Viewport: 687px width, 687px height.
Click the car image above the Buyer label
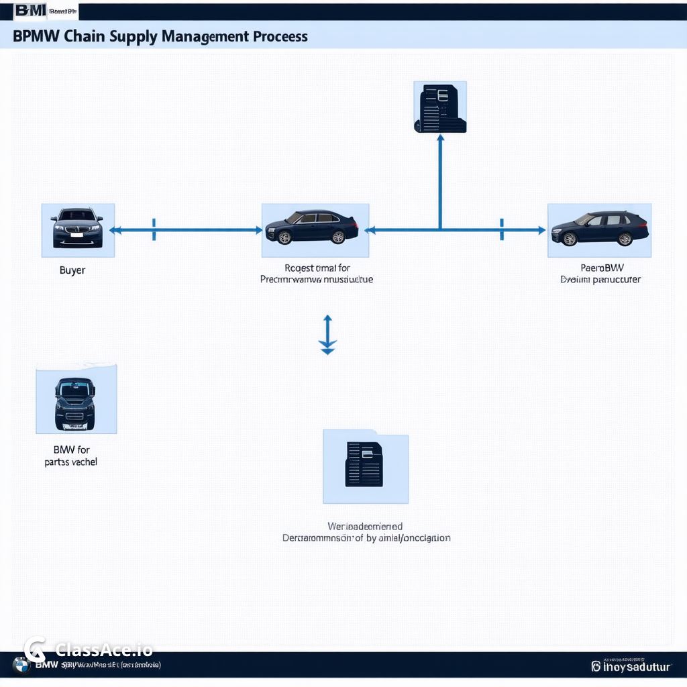click(78, 228)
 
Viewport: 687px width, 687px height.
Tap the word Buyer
click(72, 270)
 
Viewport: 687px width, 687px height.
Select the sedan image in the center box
click(312, 227)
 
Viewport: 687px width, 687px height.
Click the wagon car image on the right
click(600, 228)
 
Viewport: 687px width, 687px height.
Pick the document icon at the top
click(440, 107)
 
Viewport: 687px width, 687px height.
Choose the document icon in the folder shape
click(364, 464)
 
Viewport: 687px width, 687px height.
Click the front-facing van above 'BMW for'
click(75, 403)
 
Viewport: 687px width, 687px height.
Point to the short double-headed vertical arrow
click(327, 334)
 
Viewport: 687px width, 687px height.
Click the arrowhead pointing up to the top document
click(440, 138)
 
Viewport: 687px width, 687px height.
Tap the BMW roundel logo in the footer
click(21, 665)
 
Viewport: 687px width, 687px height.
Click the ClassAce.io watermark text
click(104, 649)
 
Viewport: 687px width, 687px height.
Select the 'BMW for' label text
click(71, 450)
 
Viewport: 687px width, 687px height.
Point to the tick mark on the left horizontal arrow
click(154, 229)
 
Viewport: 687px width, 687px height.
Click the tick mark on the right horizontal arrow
click(501, 229)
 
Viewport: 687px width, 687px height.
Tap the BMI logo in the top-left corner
click(30, 11)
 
